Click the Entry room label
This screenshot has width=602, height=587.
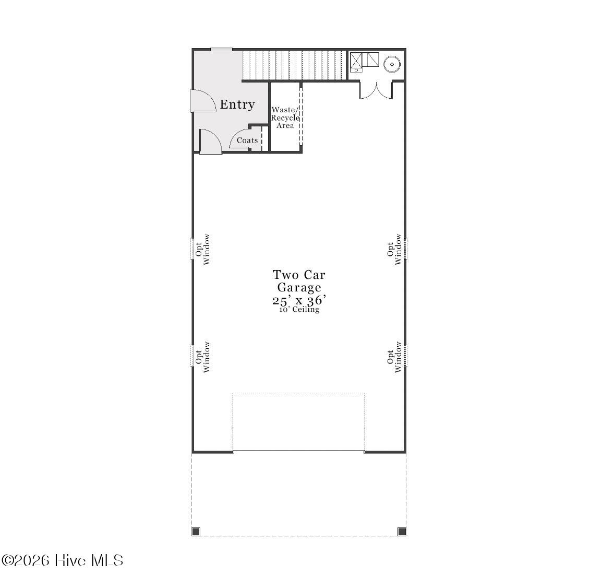(237, 105)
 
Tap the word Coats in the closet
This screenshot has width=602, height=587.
(247, 140)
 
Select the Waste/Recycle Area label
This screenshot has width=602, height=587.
(285, 118)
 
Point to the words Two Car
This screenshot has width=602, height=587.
(299, 275)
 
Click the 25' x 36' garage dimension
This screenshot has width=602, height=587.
(299, 300)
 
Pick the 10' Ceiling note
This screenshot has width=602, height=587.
(299, 310)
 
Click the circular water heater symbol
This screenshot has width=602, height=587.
(392, 64)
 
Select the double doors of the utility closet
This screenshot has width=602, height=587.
(376, 91)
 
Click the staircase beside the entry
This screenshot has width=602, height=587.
(295, 65)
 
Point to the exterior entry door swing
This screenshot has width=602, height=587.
(203, 101)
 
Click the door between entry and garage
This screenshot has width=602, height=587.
(210, 142)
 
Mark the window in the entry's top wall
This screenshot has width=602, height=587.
(222, 49)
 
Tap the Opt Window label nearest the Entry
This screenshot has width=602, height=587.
(203, 249)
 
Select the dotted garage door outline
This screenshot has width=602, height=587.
(299, 421)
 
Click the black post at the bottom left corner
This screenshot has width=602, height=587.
(196, 532)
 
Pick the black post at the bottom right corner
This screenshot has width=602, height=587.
(402, 532)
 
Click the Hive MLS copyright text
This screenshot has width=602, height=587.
(62, 560)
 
